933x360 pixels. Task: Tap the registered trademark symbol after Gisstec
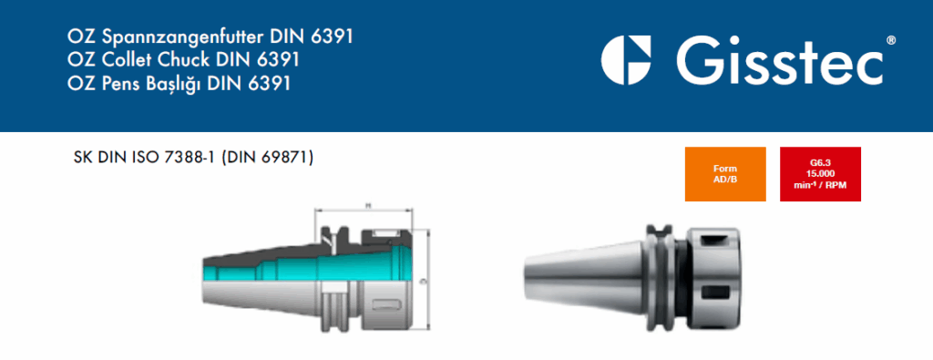point(890,40)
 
